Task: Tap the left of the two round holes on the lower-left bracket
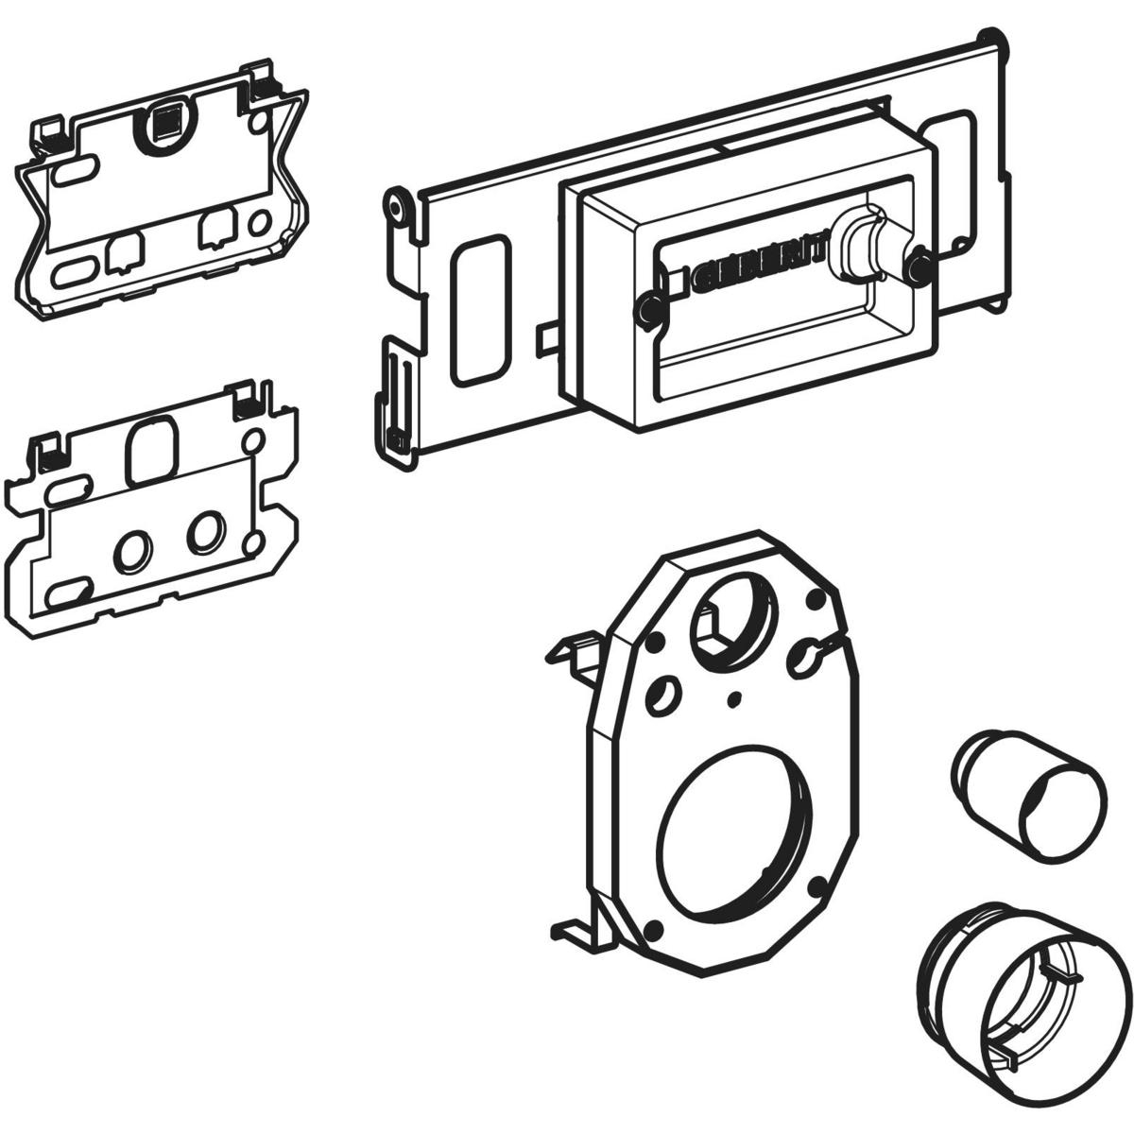coord(131,548)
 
